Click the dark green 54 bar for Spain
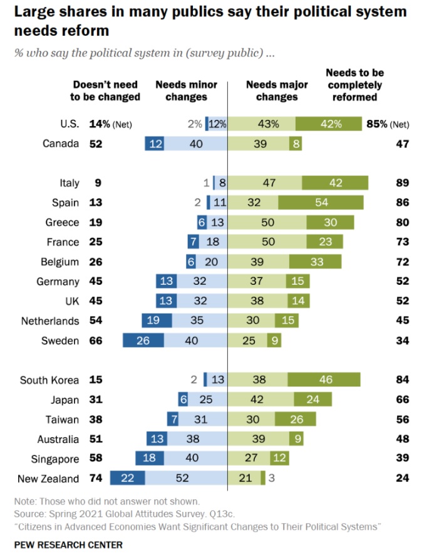coord(321,203)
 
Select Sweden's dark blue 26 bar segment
coord(143,341)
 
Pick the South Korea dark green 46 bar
coord(324,380)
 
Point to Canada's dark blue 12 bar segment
coord(155,144)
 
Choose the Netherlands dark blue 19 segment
coord(153,321)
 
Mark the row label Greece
coord(62,222)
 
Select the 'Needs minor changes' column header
coord(187,90)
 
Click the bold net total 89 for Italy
coord(402,183)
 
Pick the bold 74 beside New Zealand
coord(95,479)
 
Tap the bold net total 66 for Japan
coord(402,400)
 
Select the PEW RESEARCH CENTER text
coord(68,544)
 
